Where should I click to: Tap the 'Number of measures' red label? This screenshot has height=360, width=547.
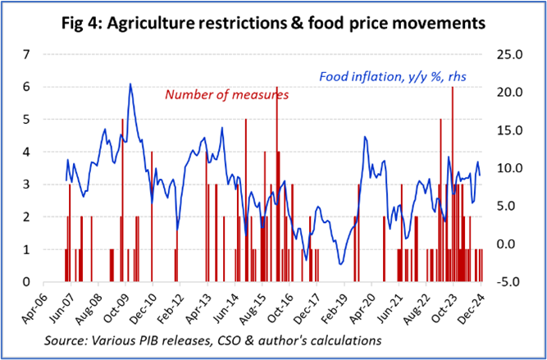click(x=226, y=94)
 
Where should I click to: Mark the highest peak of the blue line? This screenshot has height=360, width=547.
click(x=130, y=84)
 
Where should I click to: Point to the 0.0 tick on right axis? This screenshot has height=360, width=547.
click(x=504, y=244)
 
